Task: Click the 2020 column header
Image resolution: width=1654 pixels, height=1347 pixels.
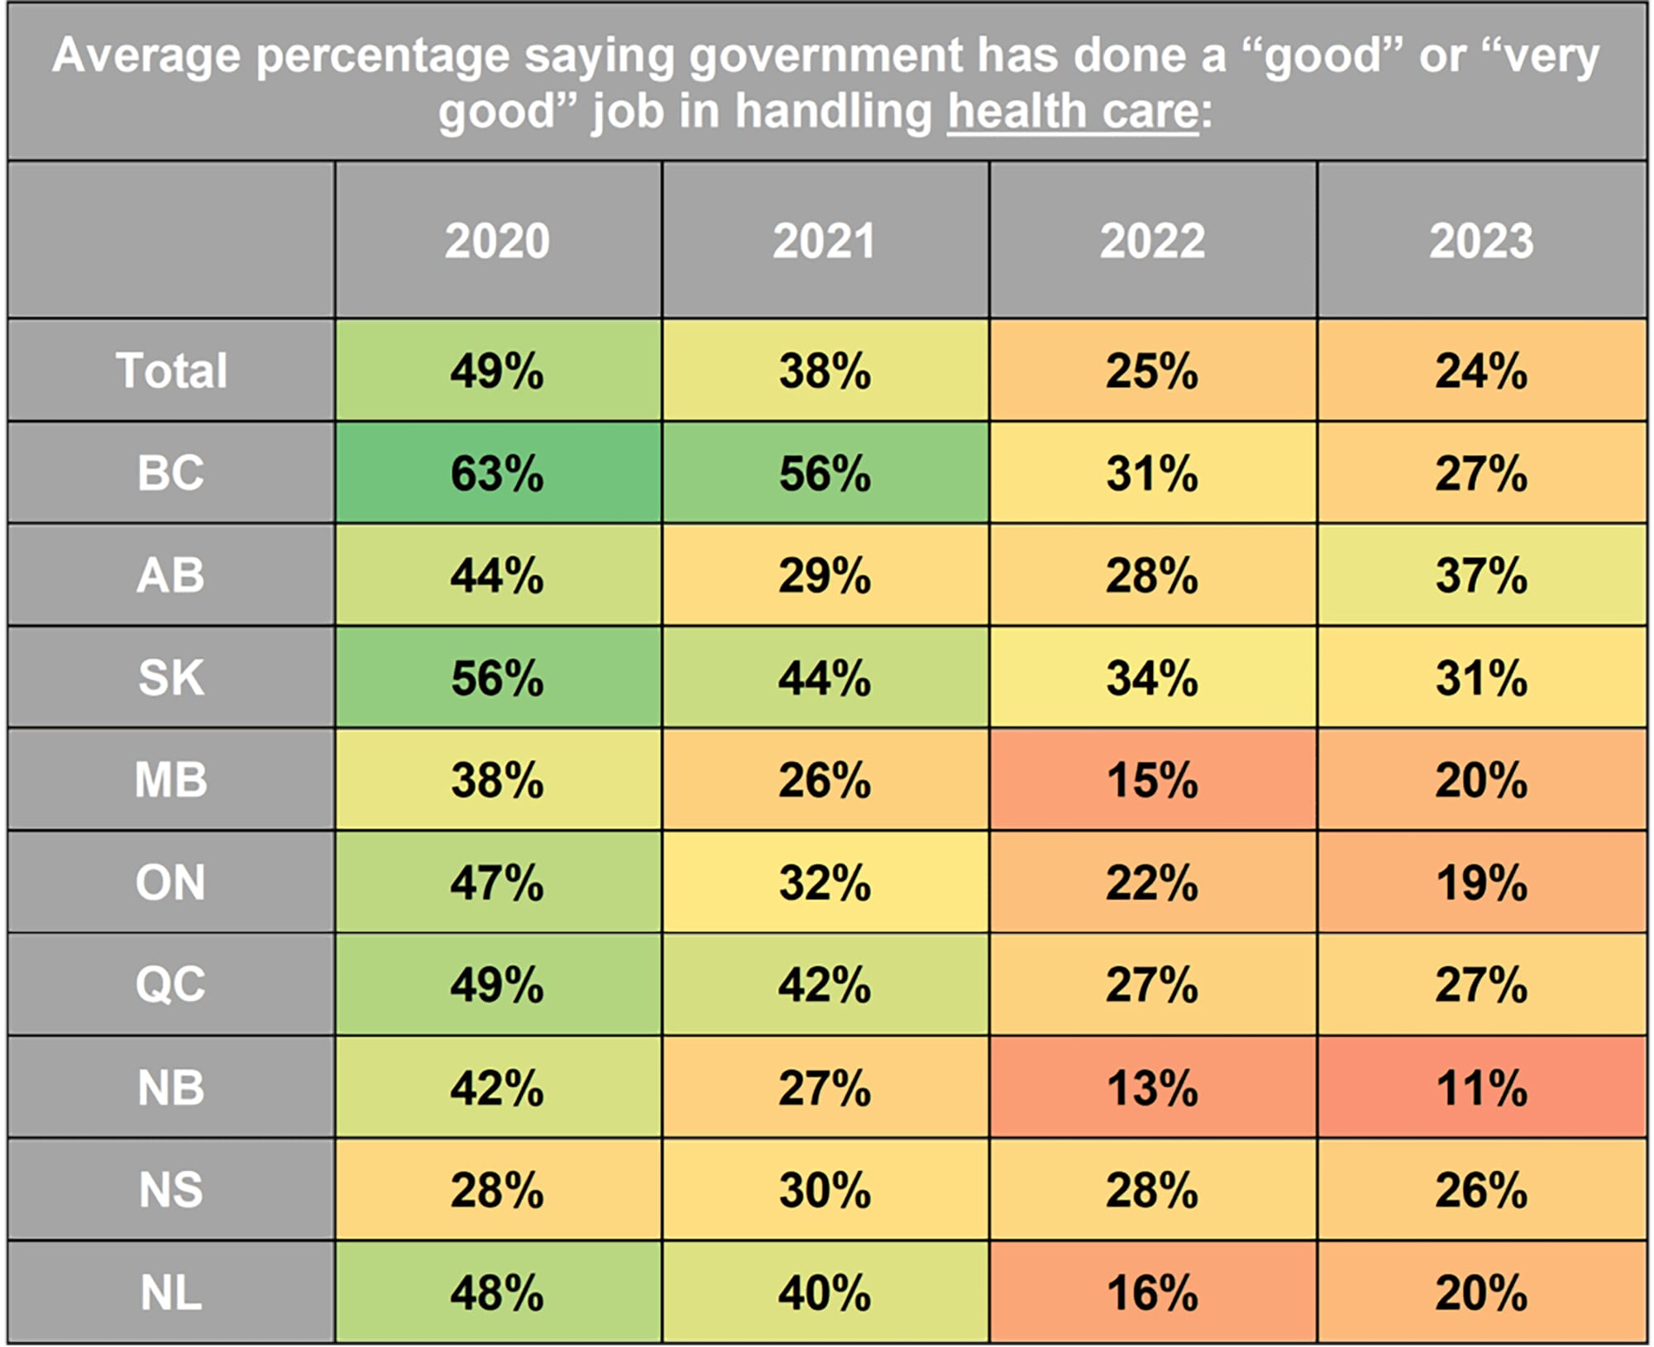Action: [497, 241]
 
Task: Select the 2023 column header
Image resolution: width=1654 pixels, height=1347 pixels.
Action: [1481, 241]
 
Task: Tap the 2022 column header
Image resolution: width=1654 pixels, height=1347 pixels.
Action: [1152, 241]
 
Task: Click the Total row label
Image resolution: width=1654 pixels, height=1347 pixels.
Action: [171, 370]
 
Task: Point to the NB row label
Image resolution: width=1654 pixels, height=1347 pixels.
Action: [171, 1087]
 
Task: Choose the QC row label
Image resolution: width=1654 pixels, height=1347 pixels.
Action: [171, 985]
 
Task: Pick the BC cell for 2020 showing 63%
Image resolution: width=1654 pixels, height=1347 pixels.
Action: [497, 473]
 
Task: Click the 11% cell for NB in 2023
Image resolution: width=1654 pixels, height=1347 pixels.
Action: [1481, 1087]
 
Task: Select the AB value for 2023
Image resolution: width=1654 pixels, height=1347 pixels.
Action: [1481, 576]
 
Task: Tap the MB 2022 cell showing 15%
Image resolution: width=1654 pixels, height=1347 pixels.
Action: [1152, 780]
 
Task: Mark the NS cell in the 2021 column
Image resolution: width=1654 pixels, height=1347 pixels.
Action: [825, 1190]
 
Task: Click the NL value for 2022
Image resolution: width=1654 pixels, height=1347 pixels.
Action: [1152, 1292]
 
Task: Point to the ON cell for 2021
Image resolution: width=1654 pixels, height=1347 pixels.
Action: [825, 882]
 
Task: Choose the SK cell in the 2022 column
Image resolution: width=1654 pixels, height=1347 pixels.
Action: [1152, 678]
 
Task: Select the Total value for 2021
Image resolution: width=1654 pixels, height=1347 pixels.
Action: [825, 370]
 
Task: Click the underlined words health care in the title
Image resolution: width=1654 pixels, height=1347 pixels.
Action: [1073, 112]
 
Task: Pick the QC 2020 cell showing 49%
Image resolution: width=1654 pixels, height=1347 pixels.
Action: [497, 985]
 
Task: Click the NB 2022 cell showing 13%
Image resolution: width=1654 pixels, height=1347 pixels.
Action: [1152, 1087]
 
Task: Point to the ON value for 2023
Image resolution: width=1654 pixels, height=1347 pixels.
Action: [1481, 882]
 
